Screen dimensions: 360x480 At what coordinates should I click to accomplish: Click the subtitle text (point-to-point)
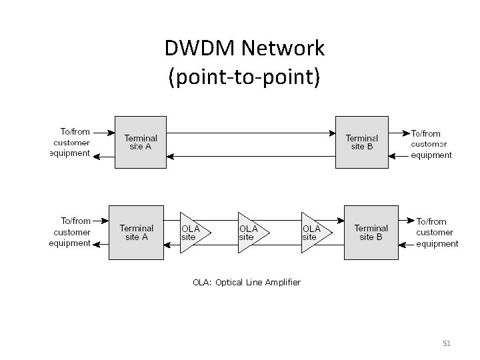244,77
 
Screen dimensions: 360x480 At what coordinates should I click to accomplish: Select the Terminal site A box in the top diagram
140,142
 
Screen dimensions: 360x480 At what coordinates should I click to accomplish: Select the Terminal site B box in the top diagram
361,142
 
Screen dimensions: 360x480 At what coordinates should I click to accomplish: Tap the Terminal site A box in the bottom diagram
136,232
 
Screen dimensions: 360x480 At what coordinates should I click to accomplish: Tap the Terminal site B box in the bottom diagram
371,232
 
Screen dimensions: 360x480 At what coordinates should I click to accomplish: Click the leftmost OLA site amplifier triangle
193,233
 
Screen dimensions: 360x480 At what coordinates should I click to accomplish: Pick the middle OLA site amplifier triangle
251,233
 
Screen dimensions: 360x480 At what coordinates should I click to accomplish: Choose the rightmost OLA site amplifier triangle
314,233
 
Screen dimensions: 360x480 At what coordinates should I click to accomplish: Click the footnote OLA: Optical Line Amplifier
246,283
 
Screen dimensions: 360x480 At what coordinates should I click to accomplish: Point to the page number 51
447,343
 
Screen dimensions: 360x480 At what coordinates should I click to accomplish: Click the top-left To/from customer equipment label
71,143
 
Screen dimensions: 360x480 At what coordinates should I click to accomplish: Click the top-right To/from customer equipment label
430,144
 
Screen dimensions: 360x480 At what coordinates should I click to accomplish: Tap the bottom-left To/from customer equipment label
70,232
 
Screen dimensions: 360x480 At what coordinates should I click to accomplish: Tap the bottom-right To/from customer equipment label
437,233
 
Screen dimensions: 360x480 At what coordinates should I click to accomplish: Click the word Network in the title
283,49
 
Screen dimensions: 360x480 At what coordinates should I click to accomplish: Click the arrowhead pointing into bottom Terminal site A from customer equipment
106,220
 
